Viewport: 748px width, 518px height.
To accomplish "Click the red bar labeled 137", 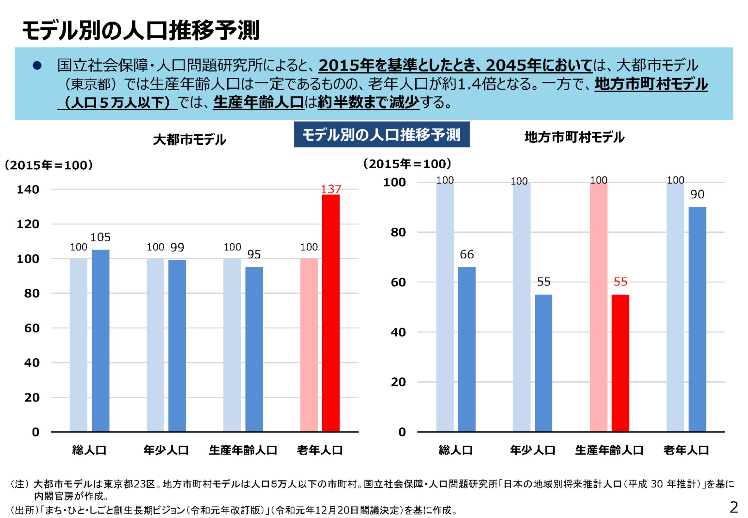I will tap(331, 313).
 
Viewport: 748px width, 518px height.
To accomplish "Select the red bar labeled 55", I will tap(620, 363).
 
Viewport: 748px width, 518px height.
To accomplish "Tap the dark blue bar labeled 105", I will tap(101, 340).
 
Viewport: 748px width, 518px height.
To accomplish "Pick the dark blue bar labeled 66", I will tap(467, 349).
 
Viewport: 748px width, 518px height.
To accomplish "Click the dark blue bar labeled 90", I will tap(697, 319).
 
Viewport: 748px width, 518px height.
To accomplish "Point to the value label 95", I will tap(254, 254).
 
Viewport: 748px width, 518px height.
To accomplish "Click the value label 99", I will tap(177, 247).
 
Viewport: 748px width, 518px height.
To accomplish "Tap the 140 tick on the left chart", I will tap(28, 190).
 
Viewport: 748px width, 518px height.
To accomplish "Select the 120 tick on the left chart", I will tap(28, 224).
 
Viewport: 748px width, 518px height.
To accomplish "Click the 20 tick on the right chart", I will tap(398, 382).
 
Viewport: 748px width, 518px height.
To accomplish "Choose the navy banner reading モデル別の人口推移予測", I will tap(381, 135).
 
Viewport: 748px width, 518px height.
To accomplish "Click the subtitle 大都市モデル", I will tap(189, 140).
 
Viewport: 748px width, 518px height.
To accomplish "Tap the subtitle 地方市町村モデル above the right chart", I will tap(574, 137).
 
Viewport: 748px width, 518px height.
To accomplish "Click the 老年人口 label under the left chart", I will tap(320, 450).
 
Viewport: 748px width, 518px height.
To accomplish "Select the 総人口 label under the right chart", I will tap(455, 450).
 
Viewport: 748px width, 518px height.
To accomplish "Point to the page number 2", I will tap(734, 507).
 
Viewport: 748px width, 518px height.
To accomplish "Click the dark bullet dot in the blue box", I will tap(37, 65).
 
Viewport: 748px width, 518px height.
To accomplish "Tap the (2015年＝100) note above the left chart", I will tap(49, 165).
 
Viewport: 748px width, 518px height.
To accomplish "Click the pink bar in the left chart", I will tap(309, 345).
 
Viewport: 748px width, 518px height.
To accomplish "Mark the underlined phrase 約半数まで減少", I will tap(368, 102).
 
